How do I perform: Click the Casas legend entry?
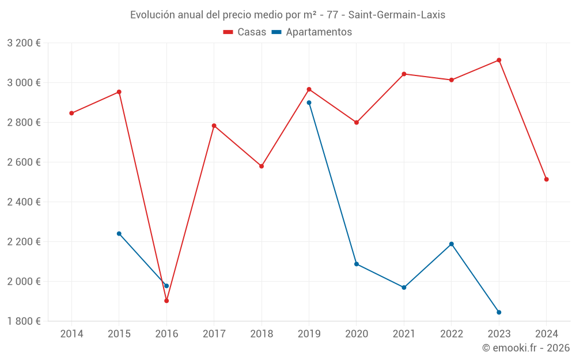245,32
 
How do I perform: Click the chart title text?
287,14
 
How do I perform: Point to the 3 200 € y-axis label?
24,43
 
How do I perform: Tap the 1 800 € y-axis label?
24,321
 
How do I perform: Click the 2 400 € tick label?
24,202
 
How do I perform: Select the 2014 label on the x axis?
71,334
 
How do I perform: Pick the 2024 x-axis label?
546,334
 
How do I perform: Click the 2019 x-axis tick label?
309,334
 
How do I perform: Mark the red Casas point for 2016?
166,301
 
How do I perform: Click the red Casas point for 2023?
499,60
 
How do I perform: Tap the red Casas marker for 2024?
546,179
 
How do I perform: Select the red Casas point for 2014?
71,113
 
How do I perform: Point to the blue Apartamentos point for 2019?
309,103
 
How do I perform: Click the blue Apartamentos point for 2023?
499,312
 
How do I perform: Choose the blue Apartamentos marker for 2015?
119,233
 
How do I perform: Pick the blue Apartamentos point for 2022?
452,244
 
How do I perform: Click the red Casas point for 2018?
262,166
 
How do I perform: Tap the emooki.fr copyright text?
526,348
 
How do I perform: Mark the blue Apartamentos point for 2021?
404,287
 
